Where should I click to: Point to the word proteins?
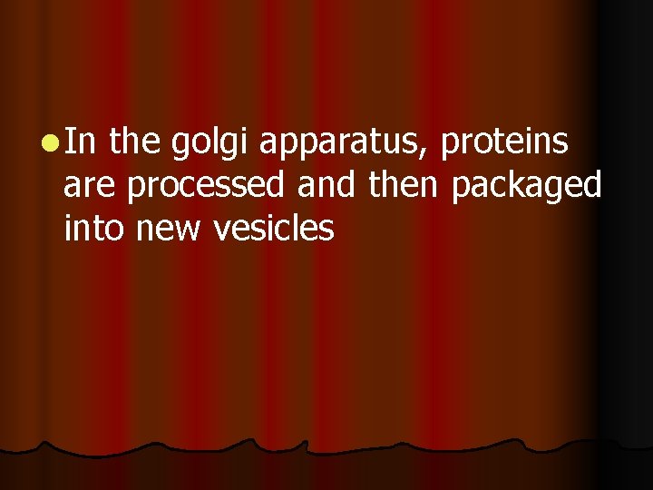tap(505, 144)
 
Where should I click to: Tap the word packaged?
tap(527, 188)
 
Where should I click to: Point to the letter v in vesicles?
tap(220, 231)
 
